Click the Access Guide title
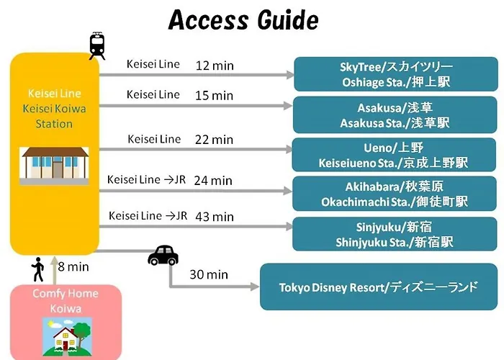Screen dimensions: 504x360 pyautogui.click(x=243, y=20)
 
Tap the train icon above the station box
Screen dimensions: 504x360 pyautogui.click(x=97, y=46)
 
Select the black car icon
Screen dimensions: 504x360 pyautogui.click(x=163, y=255)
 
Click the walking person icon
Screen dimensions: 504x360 pyautogui.click(x=38, y=269)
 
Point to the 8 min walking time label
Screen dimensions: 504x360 pyautogui.click(x=73, y=267)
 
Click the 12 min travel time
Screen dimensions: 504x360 pyautogui.click(x=215, y=66)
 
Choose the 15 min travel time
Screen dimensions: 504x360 pyautogui.click(x=214, y=96)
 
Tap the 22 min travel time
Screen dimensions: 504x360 pyautogui.click(x=214, y=140)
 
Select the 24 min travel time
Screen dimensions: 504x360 pyautogui.click(x=213, y=181)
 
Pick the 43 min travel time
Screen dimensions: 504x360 pyautogui.click(x=215, y=217)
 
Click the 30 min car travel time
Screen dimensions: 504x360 pyautogui.click(x=209, y=274)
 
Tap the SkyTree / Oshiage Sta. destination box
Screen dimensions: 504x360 pyautogui.click(x=396, y=74)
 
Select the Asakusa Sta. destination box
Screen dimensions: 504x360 pyautogui.click(x=395, y=114)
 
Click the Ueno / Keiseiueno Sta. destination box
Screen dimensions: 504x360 pyautogui.click(x=394, y=155)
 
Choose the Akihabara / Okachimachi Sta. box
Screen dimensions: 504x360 pyautogui.click(x=395, y=194)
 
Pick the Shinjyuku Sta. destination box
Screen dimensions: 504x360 pyautogui.click(x=395, y=234)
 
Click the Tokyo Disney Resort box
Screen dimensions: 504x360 pyautogui.click(x=379, y=287)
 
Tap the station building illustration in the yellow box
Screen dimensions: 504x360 pyautogui.click(x=54, y=166)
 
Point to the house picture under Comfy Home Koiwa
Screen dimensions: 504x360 pyautogui.click(x=67, y=337)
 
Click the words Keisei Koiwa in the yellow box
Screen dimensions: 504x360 pyautogui.click(x=54, y=109)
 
